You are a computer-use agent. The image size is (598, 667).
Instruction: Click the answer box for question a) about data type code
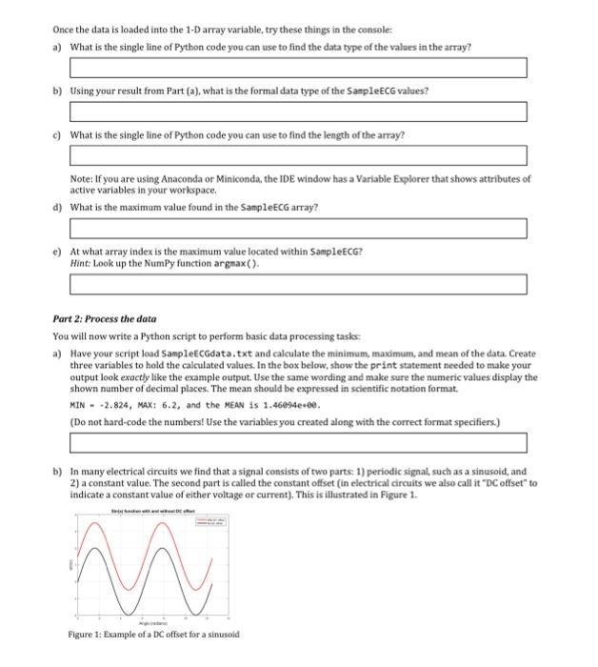coord(298,68)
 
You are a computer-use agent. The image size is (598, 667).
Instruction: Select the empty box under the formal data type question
coord(298,111)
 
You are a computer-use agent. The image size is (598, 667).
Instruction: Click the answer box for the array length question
coord(298,155)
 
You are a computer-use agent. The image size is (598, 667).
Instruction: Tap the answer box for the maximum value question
coord(298,228)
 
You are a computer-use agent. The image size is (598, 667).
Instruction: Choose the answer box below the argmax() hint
coord(298,283)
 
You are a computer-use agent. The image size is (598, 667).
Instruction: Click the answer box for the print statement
coord(298,442)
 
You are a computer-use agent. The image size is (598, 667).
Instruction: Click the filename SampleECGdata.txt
coord(176,353)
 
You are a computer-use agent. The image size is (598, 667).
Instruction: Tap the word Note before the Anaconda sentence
coord(81,178)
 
